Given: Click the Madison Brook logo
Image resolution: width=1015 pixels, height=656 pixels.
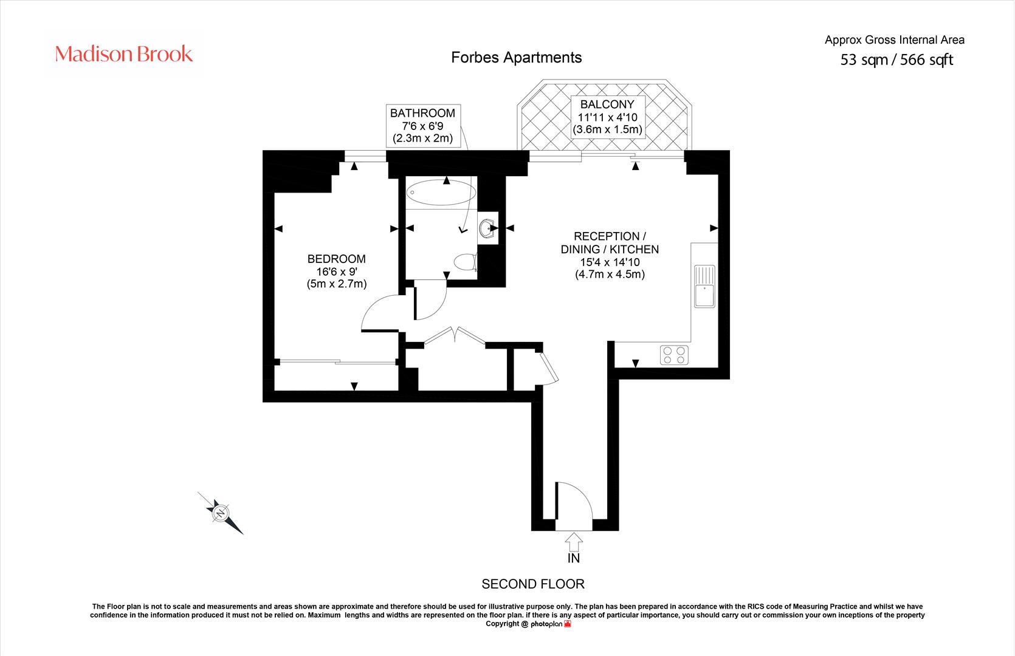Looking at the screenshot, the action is (x=124, y=54).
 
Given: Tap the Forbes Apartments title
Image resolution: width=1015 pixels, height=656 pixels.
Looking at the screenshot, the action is (x=516, y=58).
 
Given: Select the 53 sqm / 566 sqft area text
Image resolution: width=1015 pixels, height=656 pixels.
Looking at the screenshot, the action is (x=896, y=60).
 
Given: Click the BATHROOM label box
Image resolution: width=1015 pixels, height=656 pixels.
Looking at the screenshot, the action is (x=423, y=126).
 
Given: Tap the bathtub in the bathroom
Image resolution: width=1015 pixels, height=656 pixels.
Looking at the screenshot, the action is (x=441, y=193).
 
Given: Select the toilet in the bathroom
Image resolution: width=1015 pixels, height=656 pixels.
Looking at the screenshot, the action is (x=465, y=262).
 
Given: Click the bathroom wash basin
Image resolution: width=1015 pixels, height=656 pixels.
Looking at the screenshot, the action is (x=487, y=228).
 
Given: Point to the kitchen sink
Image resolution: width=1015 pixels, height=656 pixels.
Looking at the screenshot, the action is (x=704, y=287).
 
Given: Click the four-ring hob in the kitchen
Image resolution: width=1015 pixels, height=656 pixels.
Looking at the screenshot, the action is (x=674, y=355).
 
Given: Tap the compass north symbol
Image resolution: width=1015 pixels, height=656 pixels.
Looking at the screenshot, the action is (x=221, y=513).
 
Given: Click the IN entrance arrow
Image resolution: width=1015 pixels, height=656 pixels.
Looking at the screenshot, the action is (x=574, y=542).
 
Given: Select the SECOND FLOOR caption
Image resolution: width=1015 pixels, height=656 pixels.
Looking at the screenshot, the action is (x=533, y=584).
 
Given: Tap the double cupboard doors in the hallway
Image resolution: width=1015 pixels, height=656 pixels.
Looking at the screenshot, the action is (x=455, y=335).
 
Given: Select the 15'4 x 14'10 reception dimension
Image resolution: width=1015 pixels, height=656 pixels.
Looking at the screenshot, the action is (x=610, y=262).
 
